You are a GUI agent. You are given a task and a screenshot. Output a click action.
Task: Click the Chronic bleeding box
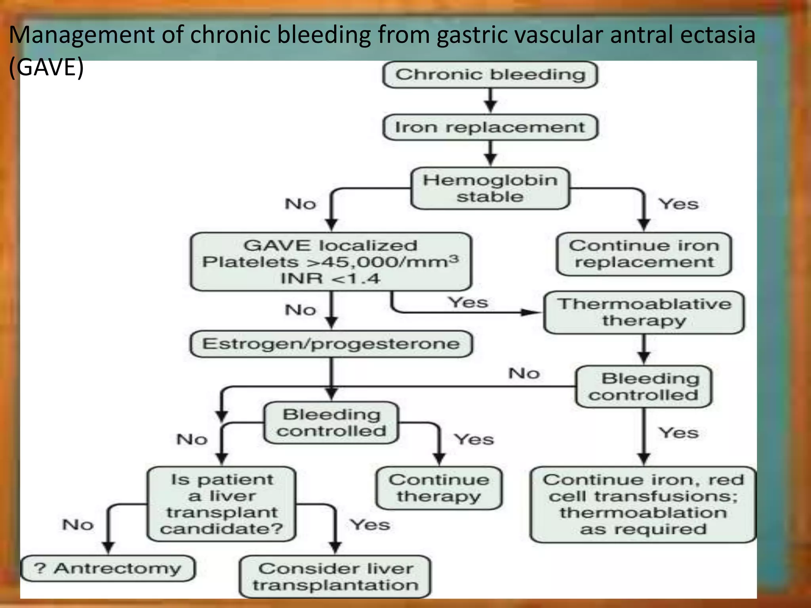pyautogui.click(x=490, y=75)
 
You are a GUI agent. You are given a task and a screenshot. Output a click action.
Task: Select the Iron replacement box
pyautogui.click(x=490, y=127)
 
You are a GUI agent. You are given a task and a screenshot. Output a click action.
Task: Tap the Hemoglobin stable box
pyautogui.click(x=490, y=188)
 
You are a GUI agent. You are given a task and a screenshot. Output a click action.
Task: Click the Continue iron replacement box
pyautogui.click(x=644, y=254)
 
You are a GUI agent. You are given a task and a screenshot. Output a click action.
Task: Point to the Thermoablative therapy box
pyautogui.click(x=644, y=312)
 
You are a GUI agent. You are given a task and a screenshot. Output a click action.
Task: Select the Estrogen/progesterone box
pyautogui.click(x=331, y=344)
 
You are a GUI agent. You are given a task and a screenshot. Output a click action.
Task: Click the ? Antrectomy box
pyautogui.click(x=108, y=568)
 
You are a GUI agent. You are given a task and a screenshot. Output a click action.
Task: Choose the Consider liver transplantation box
pyautogui.click(x=335, y=577)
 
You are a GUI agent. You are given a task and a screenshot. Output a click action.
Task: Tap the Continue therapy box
pyautogui.click(x=439, y=488)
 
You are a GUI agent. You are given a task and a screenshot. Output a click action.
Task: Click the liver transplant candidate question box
pyautogui.click(x=221, y=504)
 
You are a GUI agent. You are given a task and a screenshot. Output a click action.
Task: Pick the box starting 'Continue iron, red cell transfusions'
pyautogui.click(x=643, y=504)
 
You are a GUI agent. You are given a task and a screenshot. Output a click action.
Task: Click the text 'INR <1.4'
pyautogui.click(x=330, y=279)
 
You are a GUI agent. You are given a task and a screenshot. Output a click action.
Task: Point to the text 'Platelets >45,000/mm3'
pyautogui.click(x=330, y=262)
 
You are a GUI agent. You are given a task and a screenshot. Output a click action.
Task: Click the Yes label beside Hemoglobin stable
pyautogui.click(x=678, y=204)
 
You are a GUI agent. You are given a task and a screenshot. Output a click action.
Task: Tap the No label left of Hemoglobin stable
pyautogui.click(x=300, y=204)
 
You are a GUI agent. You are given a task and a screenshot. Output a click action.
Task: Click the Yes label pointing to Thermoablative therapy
pyautogui.click(x=468, y=302)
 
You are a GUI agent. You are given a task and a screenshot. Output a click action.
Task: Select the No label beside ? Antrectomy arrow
pyautogui.click(x=78, y=524)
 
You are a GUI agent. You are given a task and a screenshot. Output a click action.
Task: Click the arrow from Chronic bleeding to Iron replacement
pyautogui.click(x=490, y=101)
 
